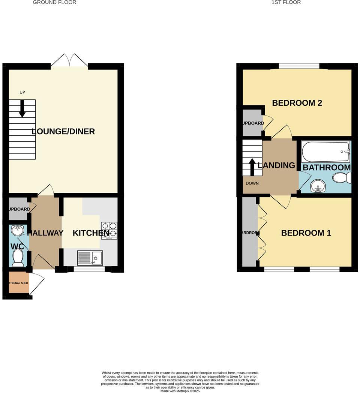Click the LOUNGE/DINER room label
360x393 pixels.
pos(63,132)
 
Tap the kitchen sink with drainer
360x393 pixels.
pos(90,258)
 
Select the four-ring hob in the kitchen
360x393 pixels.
pos(109,230)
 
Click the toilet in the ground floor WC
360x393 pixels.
pos(18,257)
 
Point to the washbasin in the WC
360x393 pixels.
pos(17,229)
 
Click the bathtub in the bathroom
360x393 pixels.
pos(325,151)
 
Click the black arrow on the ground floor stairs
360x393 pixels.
pos(22,108)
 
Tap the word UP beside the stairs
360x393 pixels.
pos(22,92)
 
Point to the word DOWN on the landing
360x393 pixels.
pos(252,183)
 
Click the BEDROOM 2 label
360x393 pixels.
pos(297,103)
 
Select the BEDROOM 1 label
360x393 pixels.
pos(306,233)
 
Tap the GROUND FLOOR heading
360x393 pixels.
pos(54,2)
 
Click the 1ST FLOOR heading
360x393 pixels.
pos(286,2)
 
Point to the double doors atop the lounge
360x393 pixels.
pos(69,61)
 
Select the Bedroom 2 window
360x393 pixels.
pos(299,66)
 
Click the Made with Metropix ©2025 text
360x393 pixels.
pos(180,391)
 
